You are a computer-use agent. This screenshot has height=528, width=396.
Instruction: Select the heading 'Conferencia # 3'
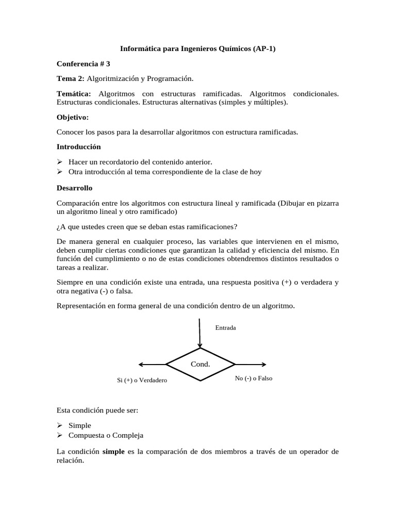click(83, 64)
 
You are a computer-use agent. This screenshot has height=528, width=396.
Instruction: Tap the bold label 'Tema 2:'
click(70, 78)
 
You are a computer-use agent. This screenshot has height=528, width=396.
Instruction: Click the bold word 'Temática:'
click(74, 94)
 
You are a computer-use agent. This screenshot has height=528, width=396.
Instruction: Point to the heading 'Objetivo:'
click(73, 117)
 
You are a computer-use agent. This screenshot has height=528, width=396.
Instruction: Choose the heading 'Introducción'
click(78, 147)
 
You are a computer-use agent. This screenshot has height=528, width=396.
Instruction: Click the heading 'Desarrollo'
click(74, 188)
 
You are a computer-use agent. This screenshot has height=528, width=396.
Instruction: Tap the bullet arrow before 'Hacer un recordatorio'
click(60, 162)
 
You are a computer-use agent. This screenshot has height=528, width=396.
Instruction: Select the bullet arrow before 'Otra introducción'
click(60, 172)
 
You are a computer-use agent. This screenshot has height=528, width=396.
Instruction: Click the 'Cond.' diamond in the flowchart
click(200, 364)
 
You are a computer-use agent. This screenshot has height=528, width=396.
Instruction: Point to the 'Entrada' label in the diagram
click(225, 327)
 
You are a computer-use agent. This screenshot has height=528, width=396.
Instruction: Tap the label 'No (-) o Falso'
click(253, 378)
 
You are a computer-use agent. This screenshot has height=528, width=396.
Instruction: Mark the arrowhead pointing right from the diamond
click(263, 364)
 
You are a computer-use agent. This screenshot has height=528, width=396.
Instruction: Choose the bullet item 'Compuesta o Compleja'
click(106, 435)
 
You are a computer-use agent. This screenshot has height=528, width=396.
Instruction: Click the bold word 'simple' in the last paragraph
click(114, 452)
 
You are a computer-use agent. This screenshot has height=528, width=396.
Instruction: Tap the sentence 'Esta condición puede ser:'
click(97, 410)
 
